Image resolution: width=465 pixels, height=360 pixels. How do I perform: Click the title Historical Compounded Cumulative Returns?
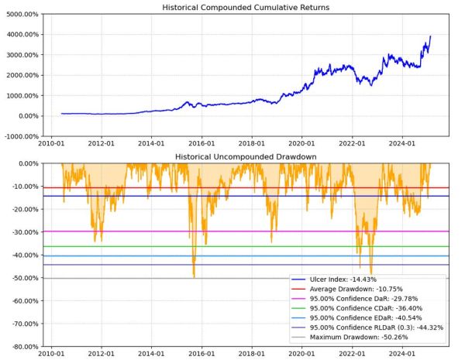tap(245, 7)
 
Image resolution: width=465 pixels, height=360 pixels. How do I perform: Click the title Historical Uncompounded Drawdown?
tap(245, 157)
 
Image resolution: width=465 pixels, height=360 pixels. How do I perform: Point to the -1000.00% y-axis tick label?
tap(20, 136)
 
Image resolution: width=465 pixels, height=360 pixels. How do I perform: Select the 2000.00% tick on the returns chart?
tap(21, 75)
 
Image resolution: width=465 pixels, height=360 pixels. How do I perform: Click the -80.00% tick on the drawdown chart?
tap(23, 346)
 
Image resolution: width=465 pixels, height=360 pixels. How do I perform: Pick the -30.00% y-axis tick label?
tap(23, 232)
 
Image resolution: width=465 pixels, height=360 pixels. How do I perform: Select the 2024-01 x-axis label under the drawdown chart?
tap(403, 354)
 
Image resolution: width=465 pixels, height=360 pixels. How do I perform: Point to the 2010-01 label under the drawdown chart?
tap(51, 354)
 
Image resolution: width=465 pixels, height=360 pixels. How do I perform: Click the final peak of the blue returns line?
tap(431, 36)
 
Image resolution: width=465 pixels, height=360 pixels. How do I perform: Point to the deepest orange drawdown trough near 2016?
tap(193, 276)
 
